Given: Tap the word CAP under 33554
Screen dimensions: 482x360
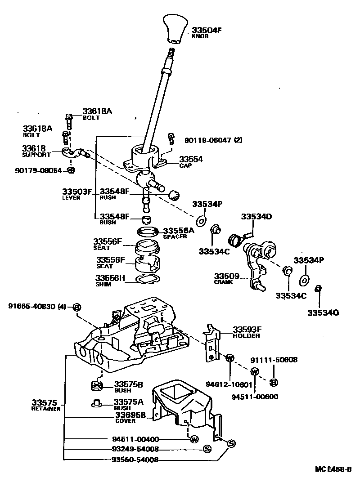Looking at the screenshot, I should [x=185, y=165].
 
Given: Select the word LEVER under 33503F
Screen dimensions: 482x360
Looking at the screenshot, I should [x=71, y=198].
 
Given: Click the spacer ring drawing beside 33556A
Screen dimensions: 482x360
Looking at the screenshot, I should [x=148, y=232].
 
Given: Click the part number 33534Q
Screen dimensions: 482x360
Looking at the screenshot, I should [x=323, y=312].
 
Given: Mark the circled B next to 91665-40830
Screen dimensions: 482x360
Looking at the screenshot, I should [x=76, y=307].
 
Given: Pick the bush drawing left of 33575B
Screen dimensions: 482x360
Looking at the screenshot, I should [x=95, y=385].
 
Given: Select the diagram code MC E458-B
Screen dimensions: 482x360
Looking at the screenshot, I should [x=333, y=469].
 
